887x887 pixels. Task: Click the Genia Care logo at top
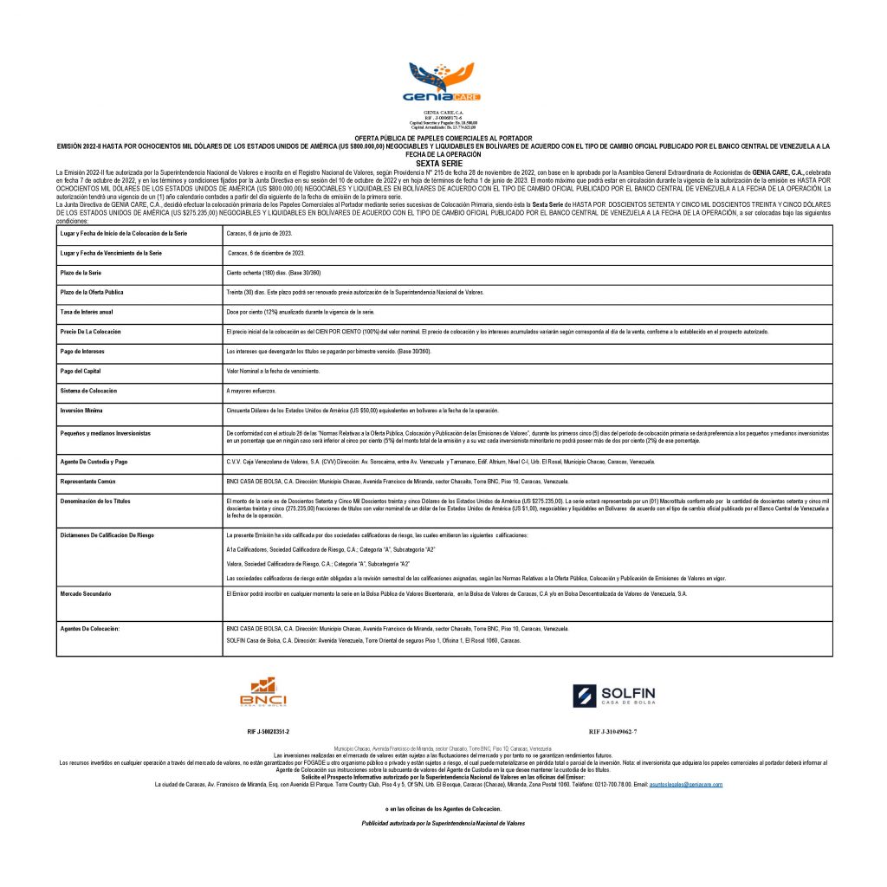pyautogui.click(x=443, y=83)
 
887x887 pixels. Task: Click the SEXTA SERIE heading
pyautogui.click(x=443, y=162)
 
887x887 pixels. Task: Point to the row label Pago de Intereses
pyautogui.click(x=82, y=351)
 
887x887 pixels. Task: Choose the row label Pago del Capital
pyautogui.click(x=81, y=371)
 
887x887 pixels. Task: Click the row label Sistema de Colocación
pyautogui.click(x=87, y=391)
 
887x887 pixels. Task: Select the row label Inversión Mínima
pyautogui.click(x=81, y=410)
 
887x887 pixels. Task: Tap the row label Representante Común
pyautogui.click(x=88, y=480)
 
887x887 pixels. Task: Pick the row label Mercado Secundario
pyautogui.click(x=87, y=593)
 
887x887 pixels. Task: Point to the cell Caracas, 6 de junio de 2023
pyautogui.click(x=259, y=233)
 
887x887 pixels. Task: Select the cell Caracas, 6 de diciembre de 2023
pyautogui.click(x=266, y=253)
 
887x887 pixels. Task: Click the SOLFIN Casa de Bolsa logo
pyautogui.click(x=614, y=695)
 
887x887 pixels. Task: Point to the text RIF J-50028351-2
pyautogui.click(x=269, y=732)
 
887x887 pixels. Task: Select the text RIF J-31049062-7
pyautogui.click(x=612, y=732)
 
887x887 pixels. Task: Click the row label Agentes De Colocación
pyautogui.click(x=89, y=626)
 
